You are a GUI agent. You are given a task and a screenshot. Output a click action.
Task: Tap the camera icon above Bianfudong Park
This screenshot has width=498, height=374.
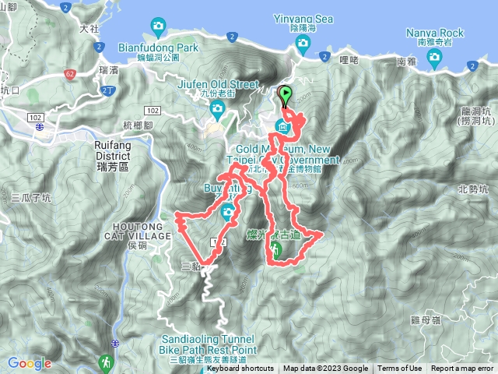pos(160,28)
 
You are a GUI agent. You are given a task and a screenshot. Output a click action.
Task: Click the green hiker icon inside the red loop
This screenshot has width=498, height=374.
pos(275,249)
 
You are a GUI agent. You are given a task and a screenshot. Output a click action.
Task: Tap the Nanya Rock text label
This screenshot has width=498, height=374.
pos(435,33)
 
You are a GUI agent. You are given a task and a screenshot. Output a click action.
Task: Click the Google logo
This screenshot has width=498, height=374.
pos(30,363)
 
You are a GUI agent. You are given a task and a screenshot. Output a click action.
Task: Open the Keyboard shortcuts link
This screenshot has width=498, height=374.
pos(240,369)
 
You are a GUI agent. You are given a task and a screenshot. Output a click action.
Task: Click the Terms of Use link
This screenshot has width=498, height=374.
pos(400,369)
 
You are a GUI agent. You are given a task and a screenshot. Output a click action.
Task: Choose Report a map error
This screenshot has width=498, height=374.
pos(462,369)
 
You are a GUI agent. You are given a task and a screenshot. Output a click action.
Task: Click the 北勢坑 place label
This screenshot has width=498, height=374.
pos(472,189)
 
